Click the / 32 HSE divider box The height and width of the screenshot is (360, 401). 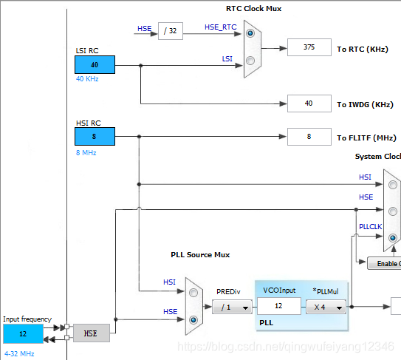(171, 31)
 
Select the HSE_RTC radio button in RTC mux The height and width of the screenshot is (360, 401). (250, 33)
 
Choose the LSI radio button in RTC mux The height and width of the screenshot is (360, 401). (250, 61)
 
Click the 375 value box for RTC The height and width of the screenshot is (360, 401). (309, 47)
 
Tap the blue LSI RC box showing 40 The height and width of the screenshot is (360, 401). (95, 65)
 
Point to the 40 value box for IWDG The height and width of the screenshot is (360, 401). (309, 103)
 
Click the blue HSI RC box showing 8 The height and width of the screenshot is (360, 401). (95, 137)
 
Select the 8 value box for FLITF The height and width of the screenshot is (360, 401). (309, 137)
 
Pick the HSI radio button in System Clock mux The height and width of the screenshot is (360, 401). (393, 185)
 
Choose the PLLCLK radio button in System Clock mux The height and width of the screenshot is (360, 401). (393, 238)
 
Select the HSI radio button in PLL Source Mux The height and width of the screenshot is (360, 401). (193, 293)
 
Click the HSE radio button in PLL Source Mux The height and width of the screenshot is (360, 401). (193, 319)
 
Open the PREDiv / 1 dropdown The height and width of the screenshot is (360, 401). (232, 307)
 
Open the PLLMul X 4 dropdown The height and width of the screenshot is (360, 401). (326, 307)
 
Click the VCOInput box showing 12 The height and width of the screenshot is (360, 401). (279, 306)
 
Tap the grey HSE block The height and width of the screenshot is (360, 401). (92, 333)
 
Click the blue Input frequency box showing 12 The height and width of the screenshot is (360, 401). (24, 333)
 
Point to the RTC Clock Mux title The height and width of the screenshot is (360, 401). (254, 9)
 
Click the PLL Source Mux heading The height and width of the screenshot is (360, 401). (200, 255)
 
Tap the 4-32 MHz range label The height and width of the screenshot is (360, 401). (19, 354)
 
